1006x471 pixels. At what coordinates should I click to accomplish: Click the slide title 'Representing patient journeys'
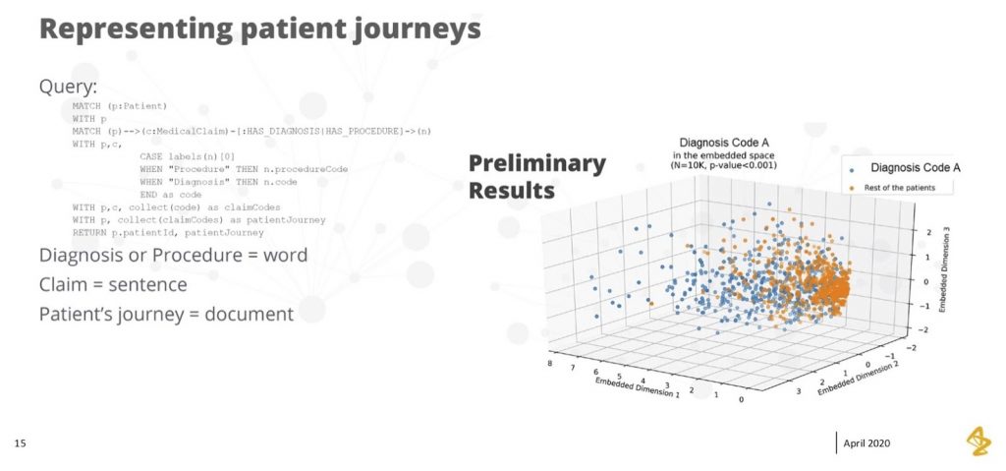pyautogui.click(x=259, y=28)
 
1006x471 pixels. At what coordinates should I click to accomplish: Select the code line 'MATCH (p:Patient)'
pyautogui.click(x=120, y=105)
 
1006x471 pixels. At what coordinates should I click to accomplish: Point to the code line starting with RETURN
pyautogui.click(x=167, y=233)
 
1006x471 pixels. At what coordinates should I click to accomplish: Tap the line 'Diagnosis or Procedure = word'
pyautogui.click(x=173, y=256)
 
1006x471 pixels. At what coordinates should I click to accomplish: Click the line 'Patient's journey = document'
pyautogui.click(x=166, y=315)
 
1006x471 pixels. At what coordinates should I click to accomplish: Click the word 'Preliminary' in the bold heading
pyautogui.click(x=536, y=163)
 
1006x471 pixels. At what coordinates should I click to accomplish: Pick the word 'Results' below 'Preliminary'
pyautogui.click(x=511, y=190)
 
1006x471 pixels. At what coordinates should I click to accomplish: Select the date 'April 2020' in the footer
pyautogui.click(x=868, y=444)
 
